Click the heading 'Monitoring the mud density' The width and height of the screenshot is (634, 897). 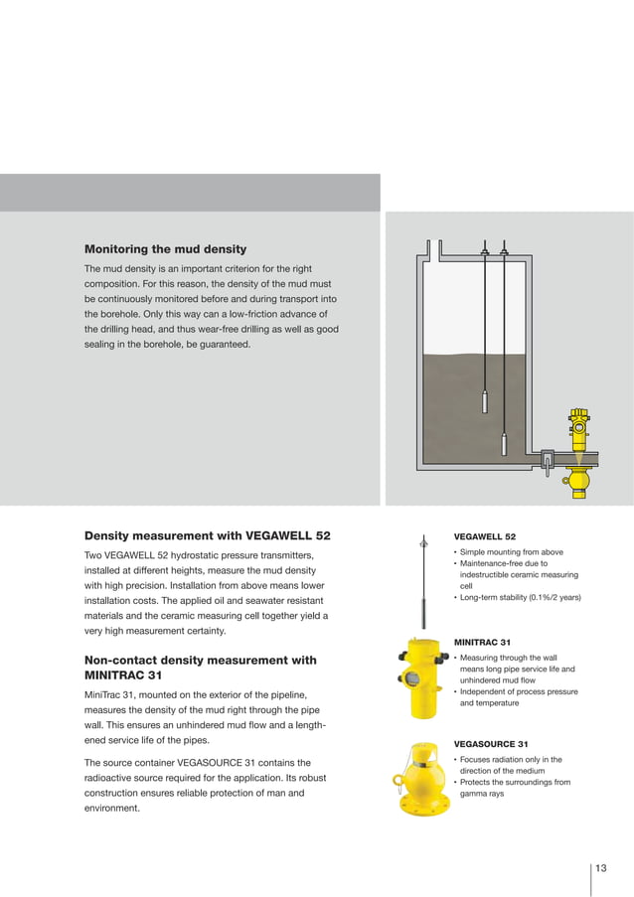[165, 248]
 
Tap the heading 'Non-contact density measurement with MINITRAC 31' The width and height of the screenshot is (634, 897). [201, 669]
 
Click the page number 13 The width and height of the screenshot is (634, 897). [601, 868]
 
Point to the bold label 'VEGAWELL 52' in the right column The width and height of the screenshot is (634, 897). [484, 536]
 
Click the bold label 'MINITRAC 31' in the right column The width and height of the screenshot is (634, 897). [482, 642]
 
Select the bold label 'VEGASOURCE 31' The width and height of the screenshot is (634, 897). [490, 744]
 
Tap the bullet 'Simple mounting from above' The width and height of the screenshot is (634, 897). [511, 552]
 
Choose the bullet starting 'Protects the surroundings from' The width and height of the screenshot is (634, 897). [514, 782]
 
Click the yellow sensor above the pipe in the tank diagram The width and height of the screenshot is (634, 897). [578, 426]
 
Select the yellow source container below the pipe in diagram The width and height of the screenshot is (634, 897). [575, 482]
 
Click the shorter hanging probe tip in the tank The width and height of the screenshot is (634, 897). [484, 401]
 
